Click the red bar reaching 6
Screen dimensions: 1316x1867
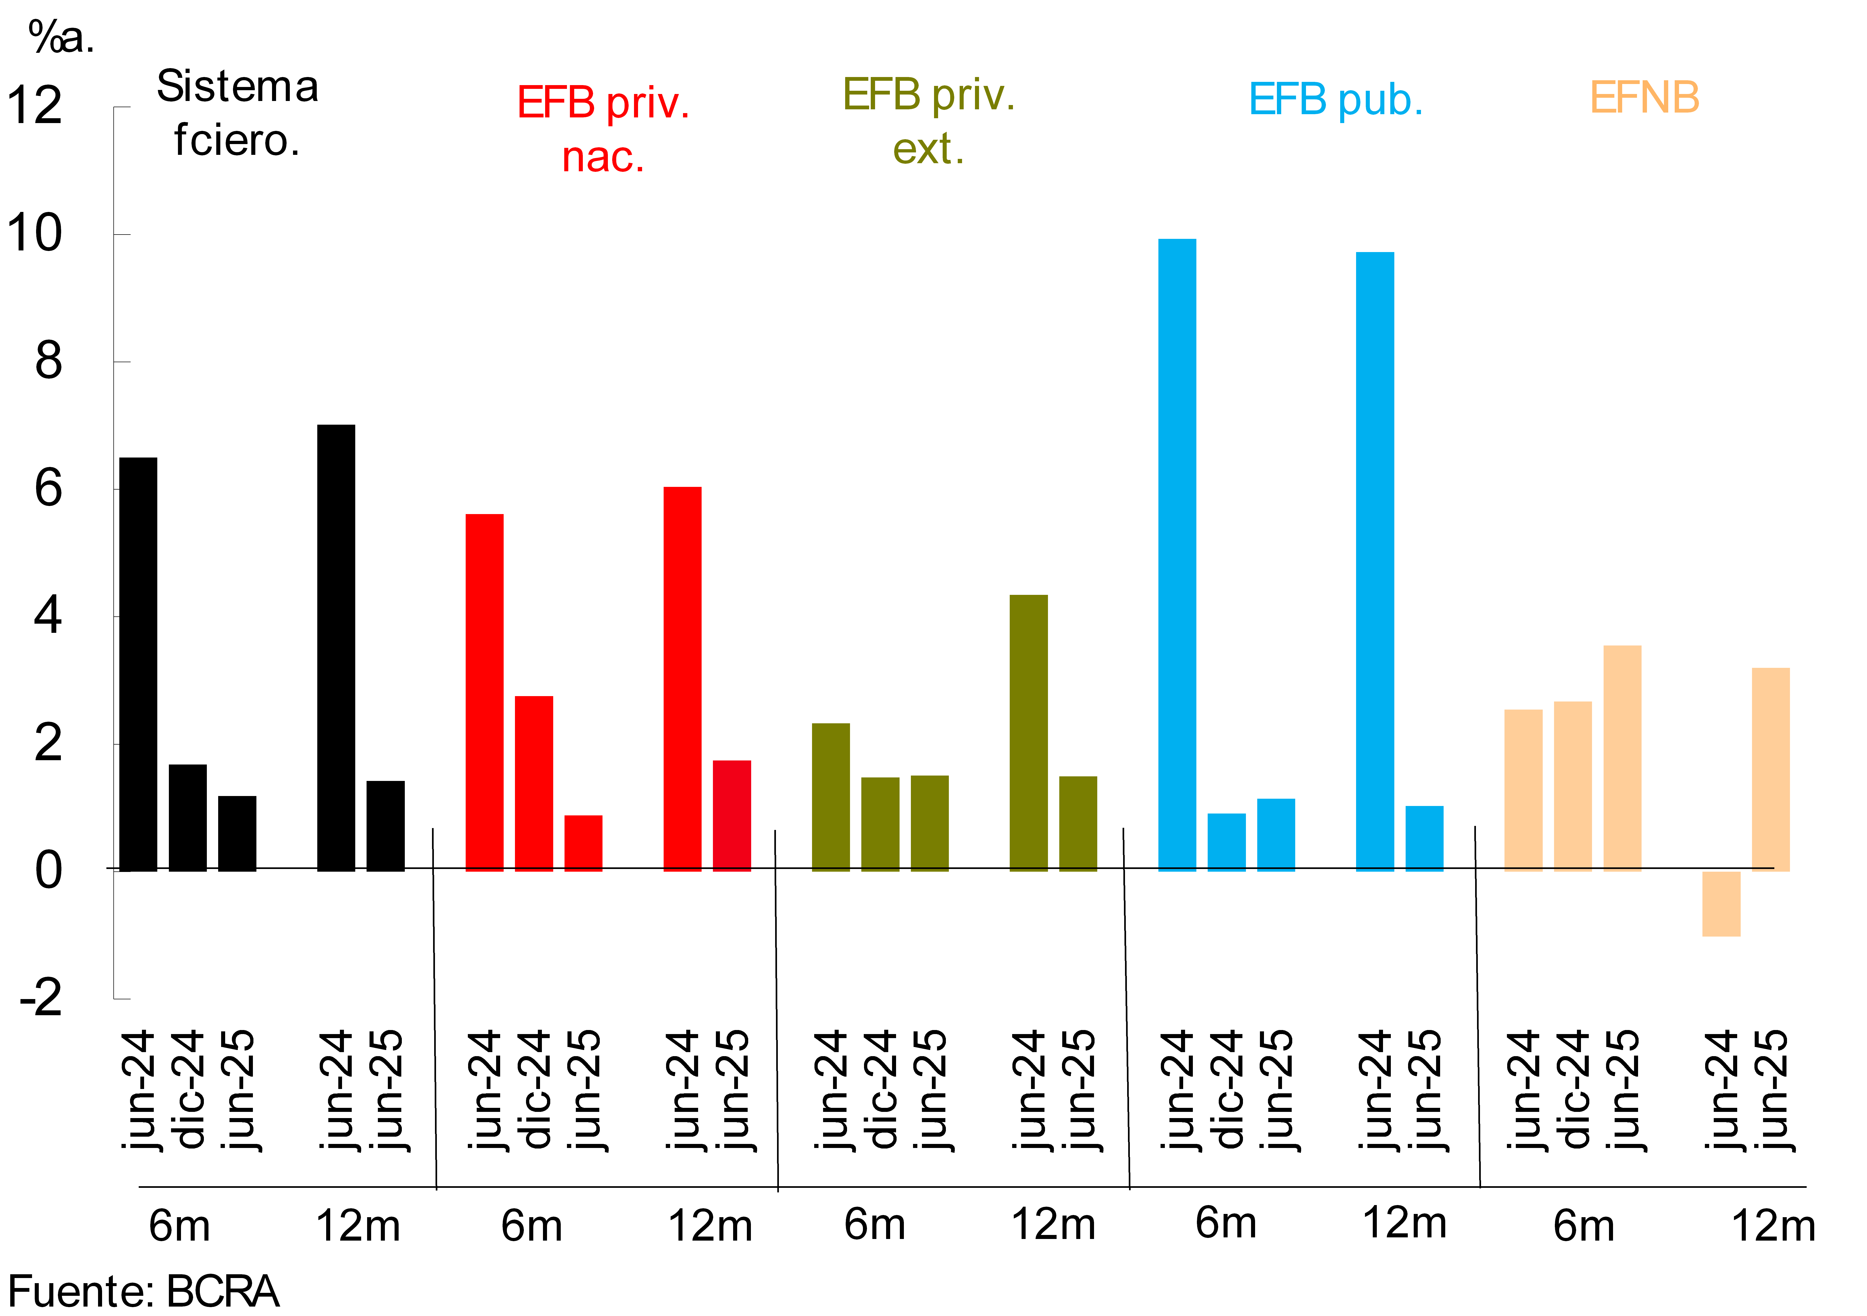click(682, 679)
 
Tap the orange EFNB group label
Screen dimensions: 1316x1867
click(1644, 98)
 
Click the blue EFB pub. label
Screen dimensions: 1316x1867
click(1335, 100)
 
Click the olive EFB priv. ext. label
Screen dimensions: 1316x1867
click(929, 122)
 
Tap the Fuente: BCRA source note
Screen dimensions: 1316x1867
click(144, 1291)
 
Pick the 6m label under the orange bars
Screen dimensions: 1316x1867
click(1583, 1226)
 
